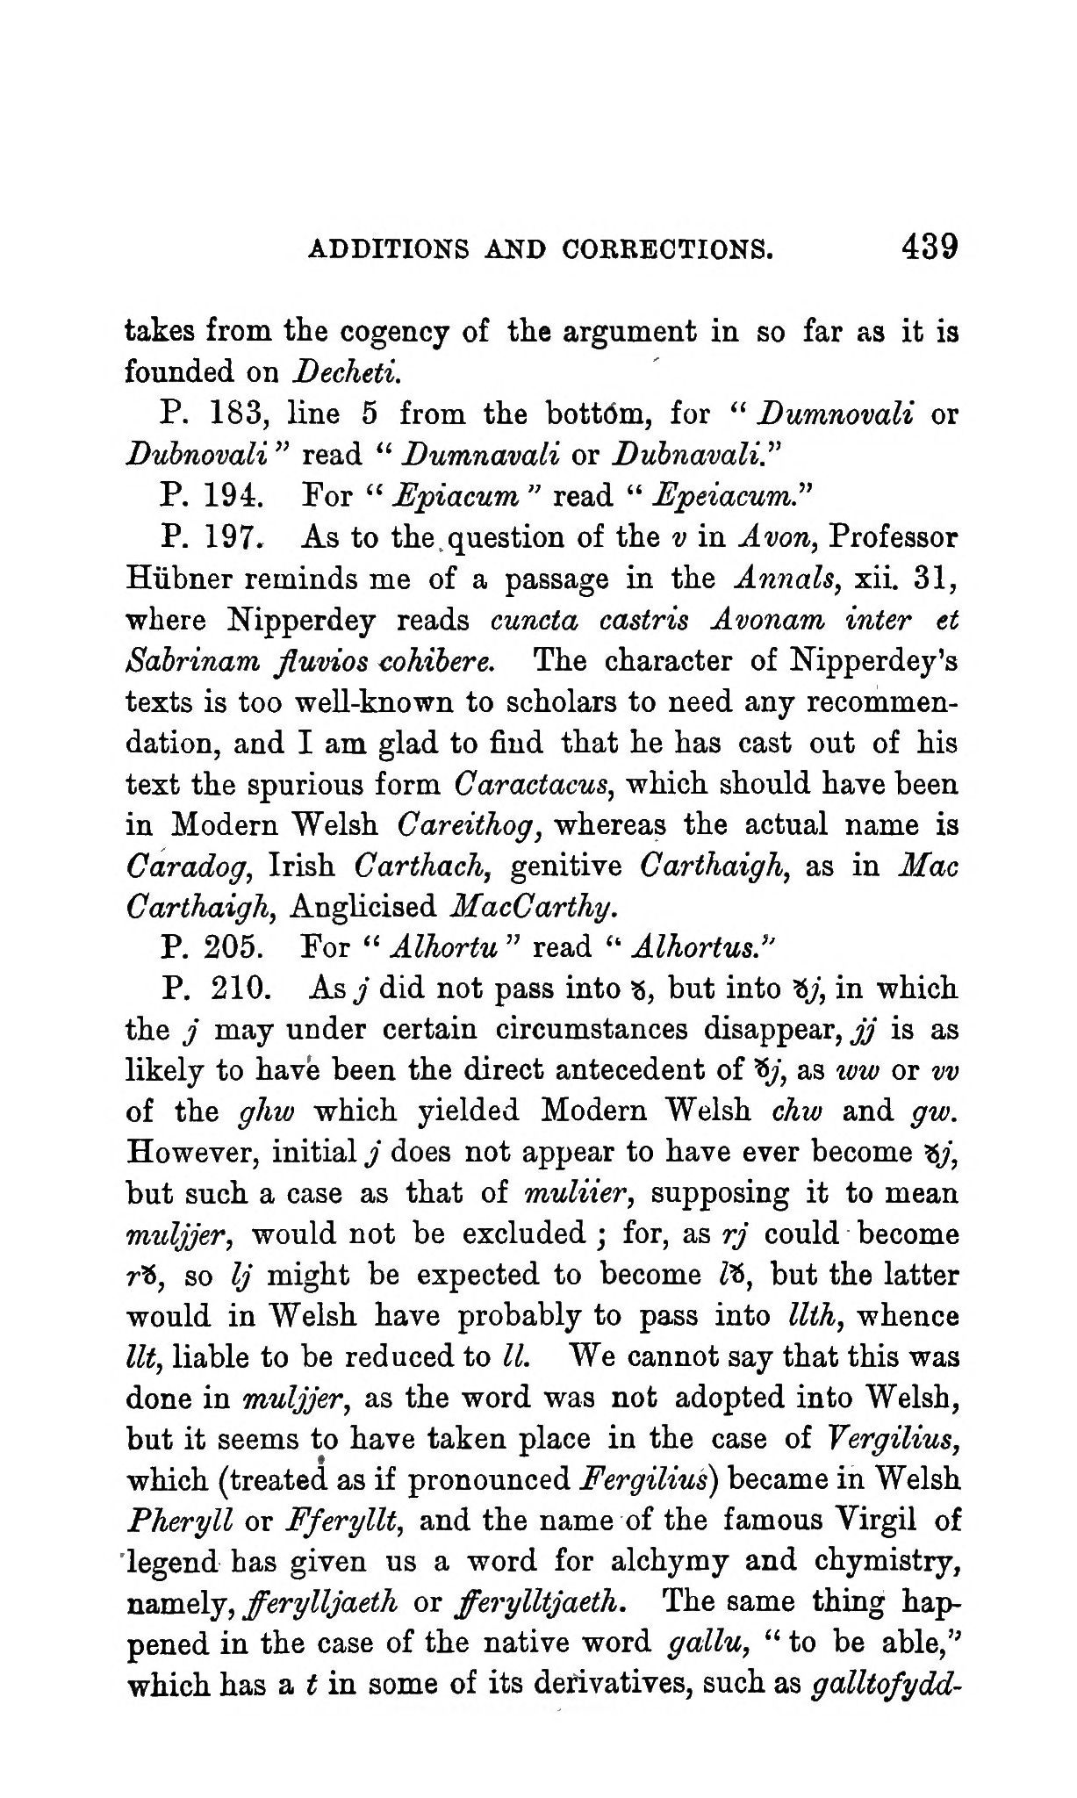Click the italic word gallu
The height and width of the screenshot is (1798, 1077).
pyautogui.click(x=706, y=1645)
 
